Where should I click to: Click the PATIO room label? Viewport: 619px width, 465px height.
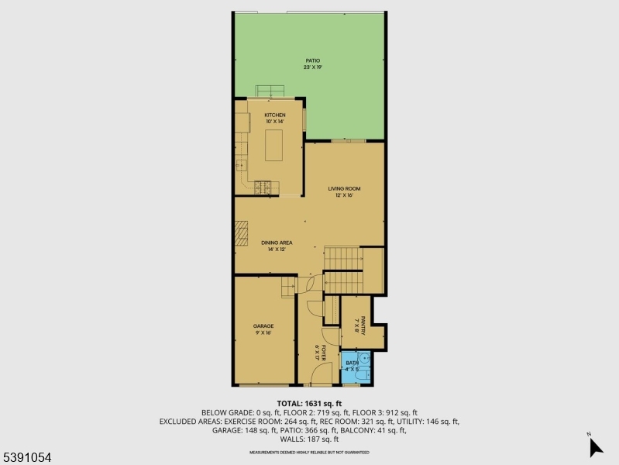click(x=312, y=60)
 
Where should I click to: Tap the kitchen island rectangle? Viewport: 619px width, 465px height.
click(x=274, y=145)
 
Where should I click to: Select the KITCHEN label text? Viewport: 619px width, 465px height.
click(x=275, y=115)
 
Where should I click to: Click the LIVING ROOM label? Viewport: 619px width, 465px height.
click(x=344, y=188)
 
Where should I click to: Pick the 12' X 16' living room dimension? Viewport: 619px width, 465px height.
click(x=344, y=195)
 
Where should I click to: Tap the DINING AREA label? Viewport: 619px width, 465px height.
click(x=277, y=243)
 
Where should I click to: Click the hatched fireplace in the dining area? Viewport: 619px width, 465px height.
click(x=242, y=233)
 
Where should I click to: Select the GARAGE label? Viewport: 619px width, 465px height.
click(x=263, y=325)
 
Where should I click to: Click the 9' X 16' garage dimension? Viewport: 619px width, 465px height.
click(x=263, y=332)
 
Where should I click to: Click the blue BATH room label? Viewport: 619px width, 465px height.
click(x=352, y=363)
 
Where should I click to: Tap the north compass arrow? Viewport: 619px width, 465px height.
click(x=594, y=446)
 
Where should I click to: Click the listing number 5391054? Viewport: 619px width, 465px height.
click(x=26, y=458)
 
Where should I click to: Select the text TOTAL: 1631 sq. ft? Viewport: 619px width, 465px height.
click(x=309, y=404)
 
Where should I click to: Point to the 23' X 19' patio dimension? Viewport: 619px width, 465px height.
click(x=312, y=67)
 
